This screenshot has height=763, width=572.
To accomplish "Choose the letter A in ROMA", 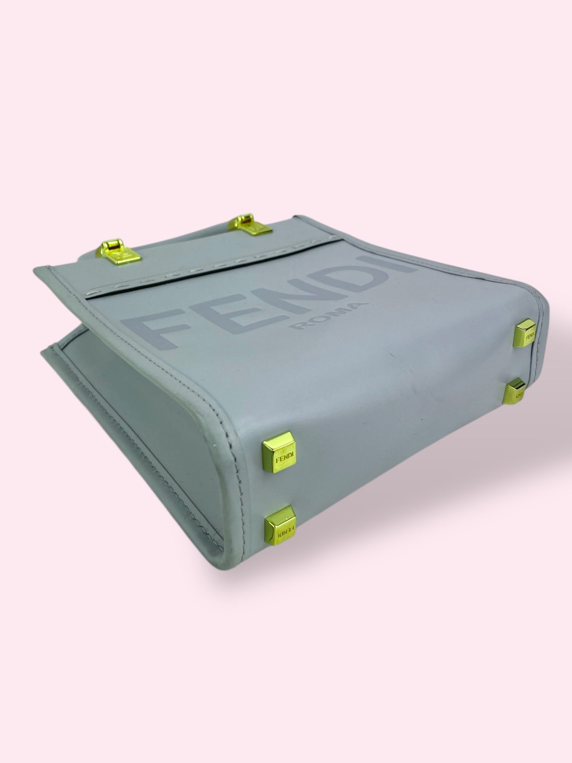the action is point(356,305).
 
